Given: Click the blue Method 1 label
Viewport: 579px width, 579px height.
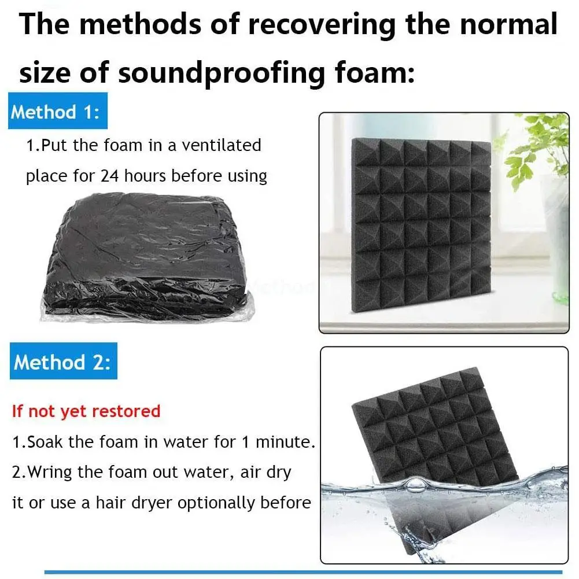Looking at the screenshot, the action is (58, 111).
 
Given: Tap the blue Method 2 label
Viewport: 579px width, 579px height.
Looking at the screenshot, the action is (64, 361).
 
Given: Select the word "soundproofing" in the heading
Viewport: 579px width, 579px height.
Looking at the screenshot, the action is (221, 73).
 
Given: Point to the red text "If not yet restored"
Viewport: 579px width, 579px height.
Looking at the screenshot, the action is (86, 411).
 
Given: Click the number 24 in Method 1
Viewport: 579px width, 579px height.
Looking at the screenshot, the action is (109, 176).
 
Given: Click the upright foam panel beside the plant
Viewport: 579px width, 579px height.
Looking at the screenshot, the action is (421, 224).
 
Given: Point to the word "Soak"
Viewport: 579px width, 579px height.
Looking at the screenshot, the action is (45, 442).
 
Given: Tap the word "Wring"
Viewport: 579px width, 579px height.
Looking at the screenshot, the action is (50, 473).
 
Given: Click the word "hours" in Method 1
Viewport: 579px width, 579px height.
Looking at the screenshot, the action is (145, 176).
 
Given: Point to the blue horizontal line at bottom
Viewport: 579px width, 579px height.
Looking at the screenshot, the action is (303, 572).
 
